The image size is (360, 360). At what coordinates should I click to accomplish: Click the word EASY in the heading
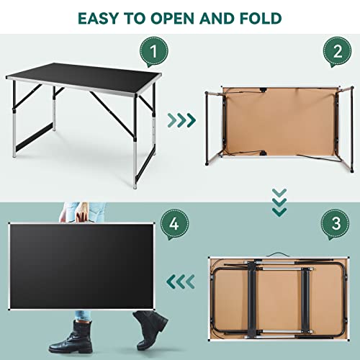(99, 19)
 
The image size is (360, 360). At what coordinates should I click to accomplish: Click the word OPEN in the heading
(173, 19)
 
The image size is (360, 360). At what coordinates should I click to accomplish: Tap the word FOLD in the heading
(261, 19)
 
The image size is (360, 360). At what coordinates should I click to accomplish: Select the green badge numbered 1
(154, 52)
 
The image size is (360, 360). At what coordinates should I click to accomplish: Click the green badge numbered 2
(337, 52)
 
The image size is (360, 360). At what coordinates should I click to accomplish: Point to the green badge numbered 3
(336, 224)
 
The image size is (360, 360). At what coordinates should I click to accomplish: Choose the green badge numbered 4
(174, 224)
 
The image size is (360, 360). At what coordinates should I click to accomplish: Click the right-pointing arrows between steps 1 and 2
(181, 120)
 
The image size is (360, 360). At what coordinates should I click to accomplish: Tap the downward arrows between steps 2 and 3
(279, 203)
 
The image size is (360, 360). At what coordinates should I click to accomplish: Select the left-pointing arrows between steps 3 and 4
(181, 282)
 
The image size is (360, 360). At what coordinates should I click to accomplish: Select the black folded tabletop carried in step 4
(81, 266)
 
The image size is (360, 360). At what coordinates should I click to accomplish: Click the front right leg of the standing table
(135, 142)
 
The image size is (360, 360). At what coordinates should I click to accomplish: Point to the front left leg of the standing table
(14, 119)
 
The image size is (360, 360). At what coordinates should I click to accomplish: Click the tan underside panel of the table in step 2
(279, 122)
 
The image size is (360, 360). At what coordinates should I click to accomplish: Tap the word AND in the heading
(217, 19)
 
